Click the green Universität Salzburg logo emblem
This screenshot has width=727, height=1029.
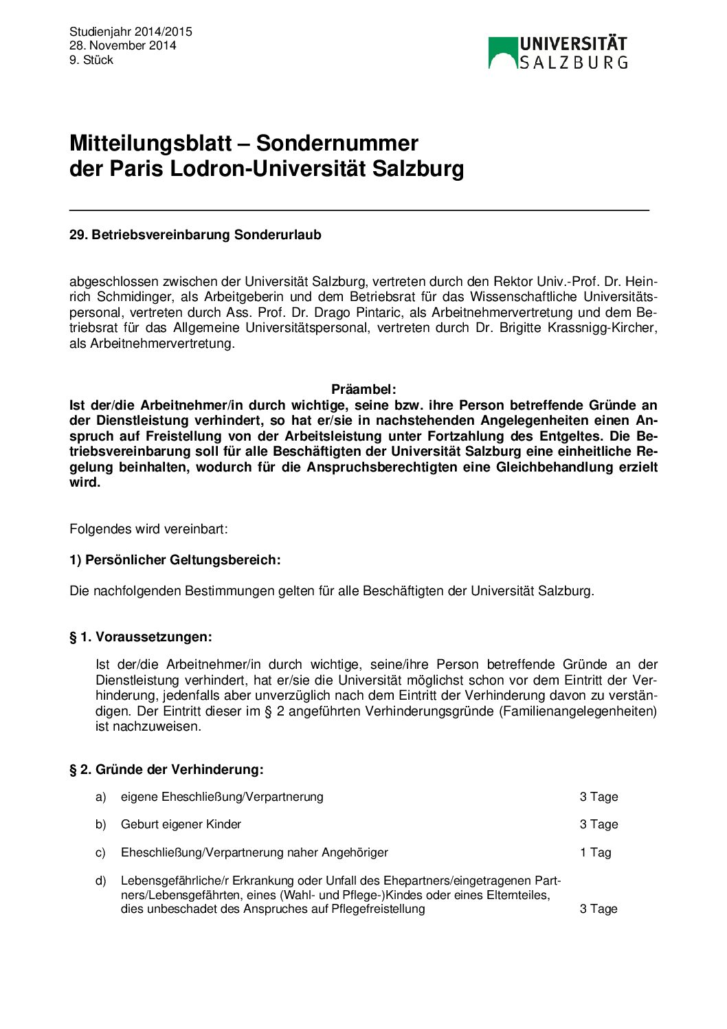click(502, 53)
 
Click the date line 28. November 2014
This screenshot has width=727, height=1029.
click(122, 45)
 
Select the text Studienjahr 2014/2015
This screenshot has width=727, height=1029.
click(131, 32)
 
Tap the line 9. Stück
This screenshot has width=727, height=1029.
click(91, 60)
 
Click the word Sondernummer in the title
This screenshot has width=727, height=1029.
click(337, 143)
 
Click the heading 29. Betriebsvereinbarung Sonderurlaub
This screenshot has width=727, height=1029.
click(195, 235)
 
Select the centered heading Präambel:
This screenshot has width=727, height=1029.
click(363, 390)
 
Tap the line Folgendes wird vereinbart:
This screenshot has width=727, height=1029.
click(148, 529)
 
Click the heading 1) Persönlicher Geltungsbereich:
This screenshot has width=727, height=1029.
click(175, 560)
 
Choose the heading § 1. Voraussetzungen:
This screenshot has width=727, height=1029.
click(140, 637)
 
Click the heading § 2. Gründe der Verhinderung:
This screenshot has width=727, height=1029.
click(166, 770)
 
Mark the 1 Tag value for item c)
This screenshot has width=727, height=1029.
click(595, 852)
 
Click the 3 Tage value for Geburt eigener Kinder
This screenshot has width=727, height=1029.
click(599, 824)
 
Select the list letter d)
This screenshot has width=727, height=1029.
click(101, 881)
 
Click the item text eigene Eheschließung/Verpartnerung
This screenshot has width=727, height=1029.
click(222, 797)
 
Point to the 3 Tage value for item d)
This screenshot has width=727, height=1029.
click(599, 909)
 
